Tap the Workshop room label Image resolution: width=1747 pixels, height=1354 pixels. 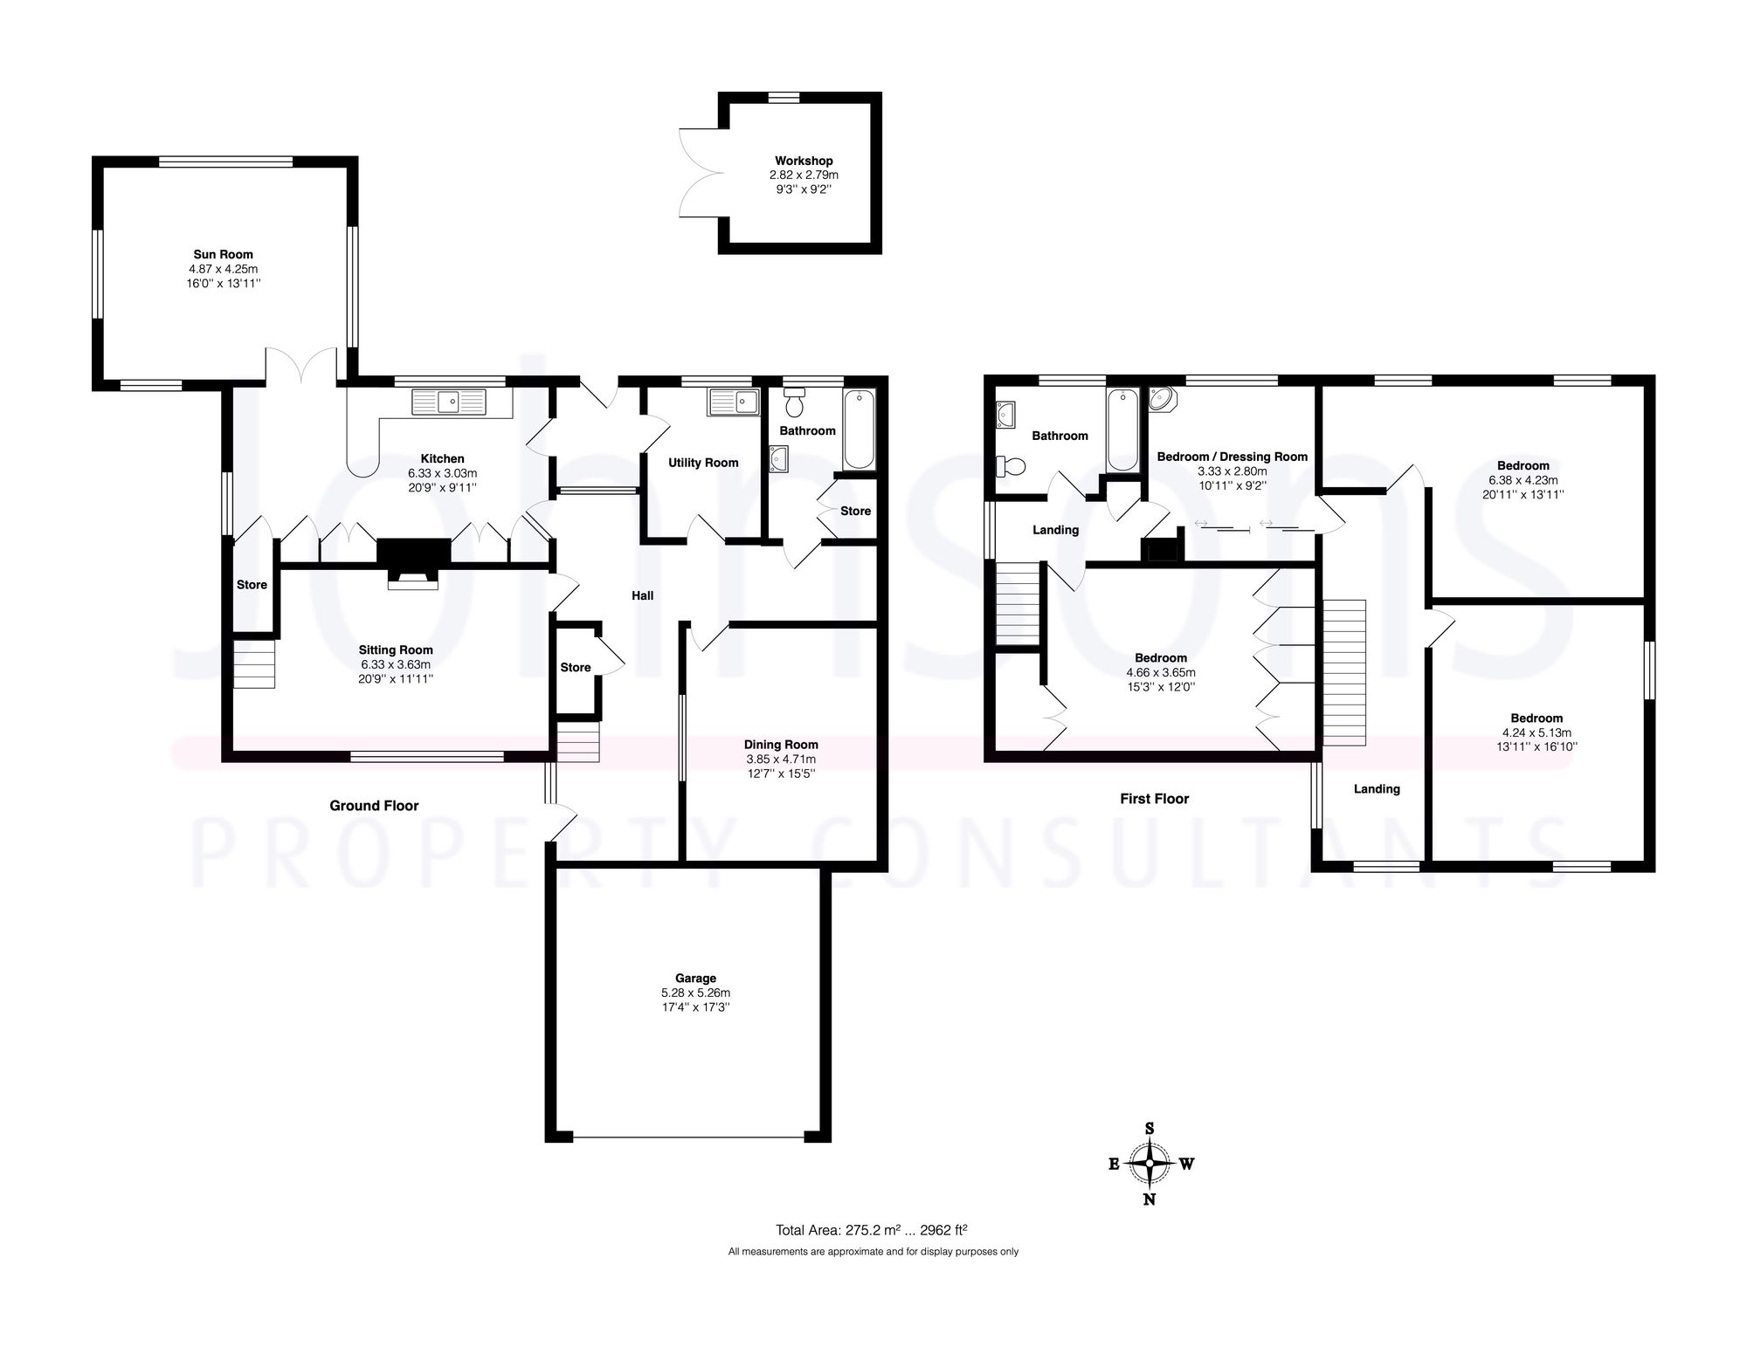pyautogui.click(x=804, y=161)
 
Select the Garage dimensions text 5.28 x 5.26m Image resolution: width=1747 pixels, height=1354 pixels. pyautogui.click(x=695, y=993)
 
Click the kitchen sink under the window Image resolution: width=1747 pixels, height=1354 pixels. pyautogui.click(x=449, y=402)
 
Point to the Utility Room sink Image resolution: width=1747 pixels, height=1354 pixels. pyautogui.click(x=734, y=402)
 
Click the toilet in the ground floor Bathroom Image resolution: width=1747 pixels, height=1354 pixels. pyautogui.click(x=795, y=403)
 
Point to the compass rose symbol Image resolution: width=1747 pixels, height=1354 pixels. pyautogui.click(x=1150, y=1163)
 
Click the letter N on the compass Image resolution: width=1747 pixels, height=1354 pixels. pyautogui.click(x=1150, y=1199)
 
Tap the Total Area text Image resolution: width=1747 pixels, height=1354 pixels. pyautogui.click(x=871, y=1230)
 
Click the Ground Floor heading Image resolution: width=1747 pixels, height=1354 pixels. pyautogui.click(x=374, y=806)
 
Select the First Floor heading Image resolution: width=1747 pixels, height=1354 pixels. pyautogui.click(x=1154, y=799)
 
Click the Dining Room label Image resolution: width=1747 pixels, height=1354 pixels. pyautogui.click(x=781, y=745)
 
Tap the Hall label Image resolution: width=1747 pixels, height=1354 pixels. pyautogui.click(x=642, y=595)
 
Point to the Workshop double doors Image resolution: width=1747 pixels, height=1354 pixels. pyautogui.click(x=699, y=172)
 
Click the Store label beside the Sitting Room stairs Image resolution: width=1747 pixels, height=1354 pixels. pyautogui.click(x=252, y=585)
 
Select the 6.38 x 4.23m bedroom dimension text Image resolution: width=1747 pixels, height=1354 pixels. pyautogui.click(x=1523, y=479)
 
